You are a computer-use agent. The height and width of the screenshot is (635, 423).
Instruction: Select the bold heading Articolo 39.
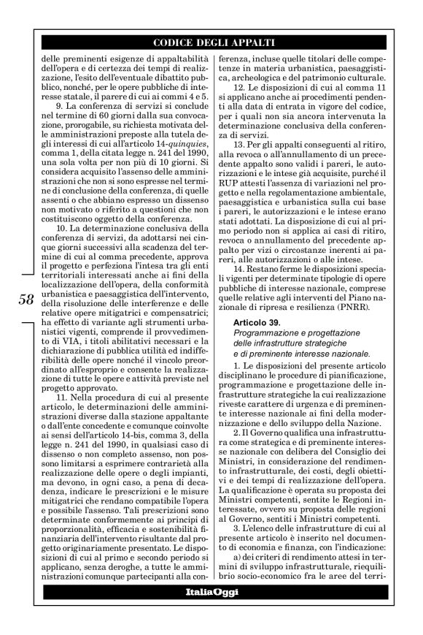(255, 322)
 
